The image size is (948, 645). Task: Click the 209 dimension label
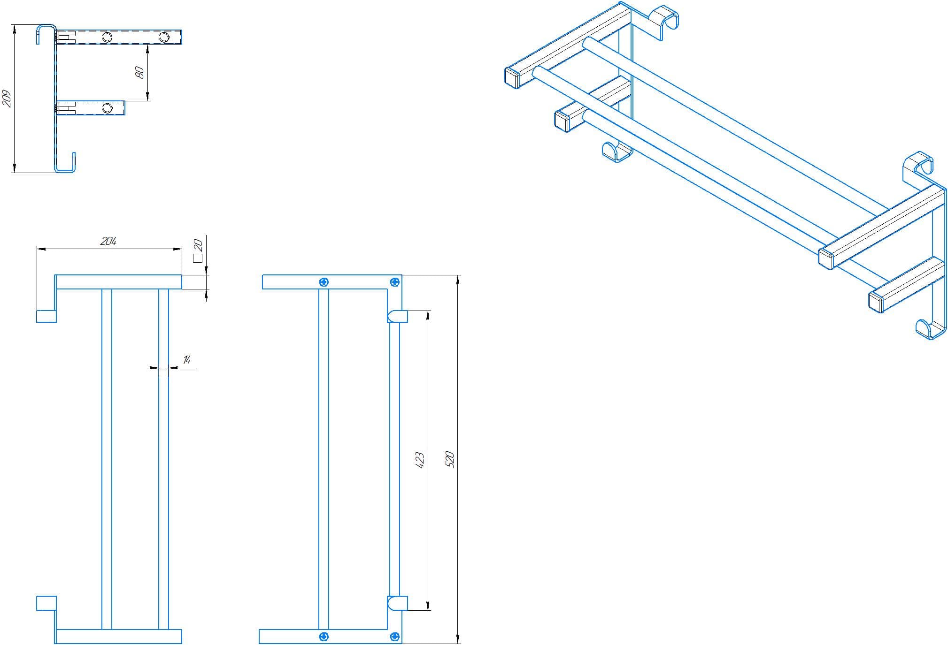pyautogui.click(x=8, y=99)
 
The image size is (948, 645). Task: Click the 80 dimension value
pyautogui.click(x=139, y=72)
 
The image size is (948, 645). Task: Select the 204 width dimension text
pyautogui.click(x=108, y=241)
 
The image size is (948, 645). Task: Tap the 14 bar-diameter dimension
pyautogui.click(x=187, y=360)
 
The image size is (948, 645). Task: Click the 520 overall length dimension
pyautogui.click(x=449, y=459)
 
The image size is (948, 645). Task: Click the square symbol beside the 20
pyautogui.click(x=198, y=258)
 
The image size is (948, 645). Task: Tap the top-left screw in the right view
pyautogui.click(x=324, y=282)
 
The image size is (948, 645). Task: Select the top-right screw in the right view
pyautogui.click(x=395, y=282)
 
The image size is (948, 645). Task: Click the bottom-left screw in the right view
pyautogui.click(x=324, y=637)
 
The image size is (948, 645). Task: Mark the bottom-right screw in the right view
pyautogui.click(x=395, y=637)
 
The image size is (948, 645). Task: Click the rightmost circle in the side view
pyautogui.click(x=164, y=37)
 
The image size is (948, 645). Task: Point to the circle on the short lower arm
pyautogui.click(x=108, y=108)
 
